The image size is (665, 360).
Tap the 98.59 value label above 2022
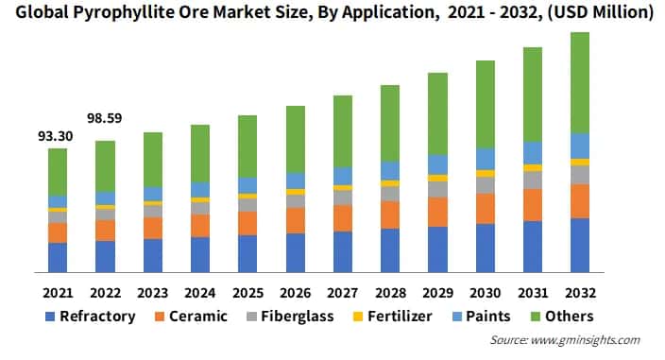105,120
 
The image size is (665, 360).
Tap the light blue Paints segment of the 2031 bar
533,153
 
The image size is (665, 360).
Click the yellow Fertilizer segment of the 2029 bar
437,178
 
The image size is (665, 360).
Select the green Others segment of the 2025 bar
247,146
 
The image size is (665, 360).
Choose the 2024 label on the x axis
200,292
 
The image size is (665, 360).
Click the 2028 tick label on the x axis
390,292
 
